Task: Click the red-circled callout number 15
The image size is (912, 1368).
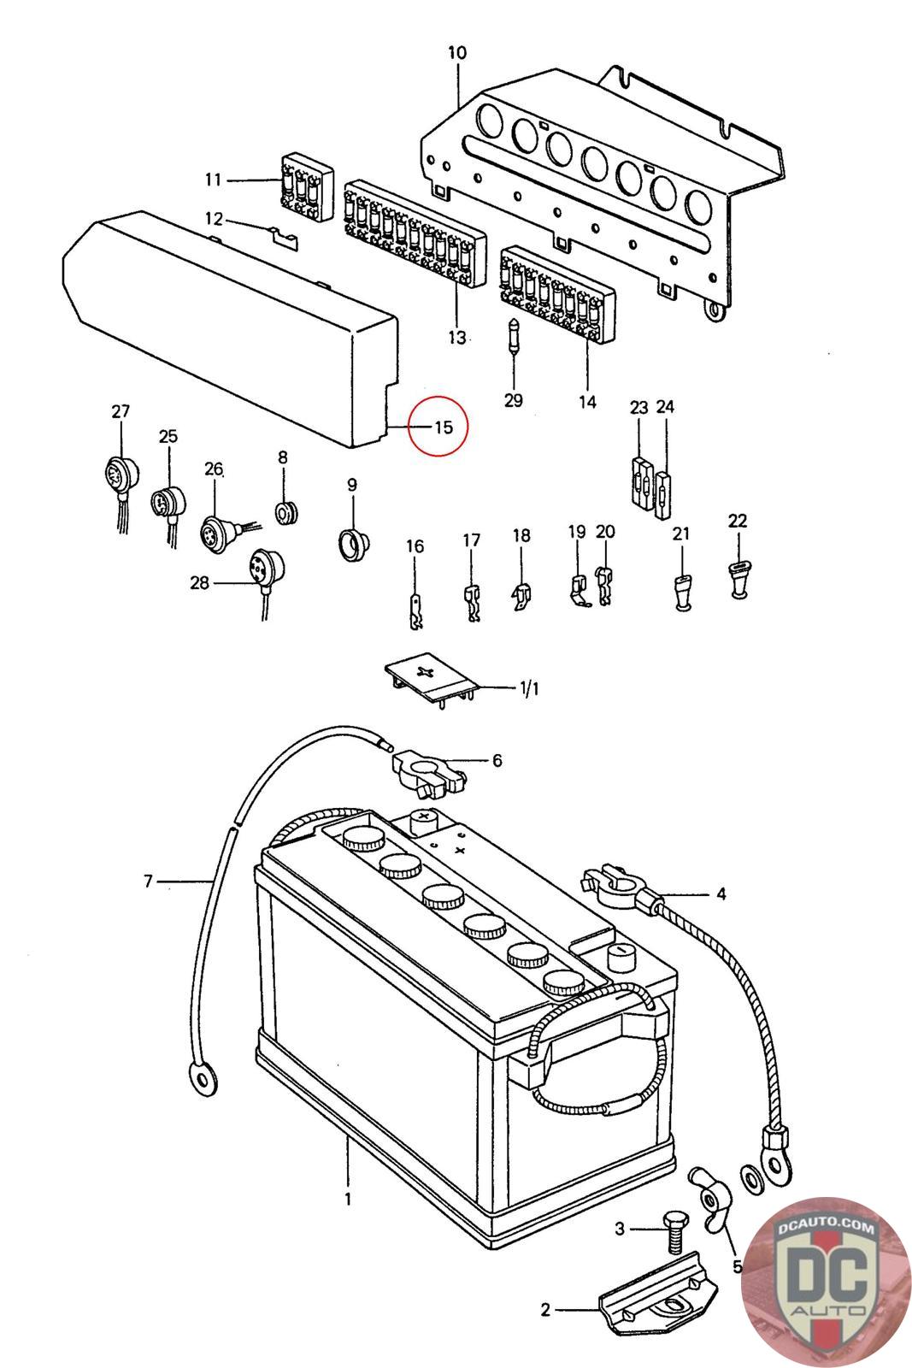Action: pos(443,425)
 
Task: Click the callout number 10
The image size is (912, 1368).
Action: pos(457,53)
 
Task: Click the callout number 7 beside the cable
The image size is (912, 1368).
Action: pos(148,880)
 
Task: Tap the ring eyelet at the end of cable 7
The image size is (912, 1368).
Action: pos(203,1081)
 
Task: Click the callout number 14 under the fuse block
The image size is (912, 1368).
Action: pos(587,402)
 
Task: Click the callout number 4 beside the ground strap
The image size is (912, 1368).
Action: pos(721,894)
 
